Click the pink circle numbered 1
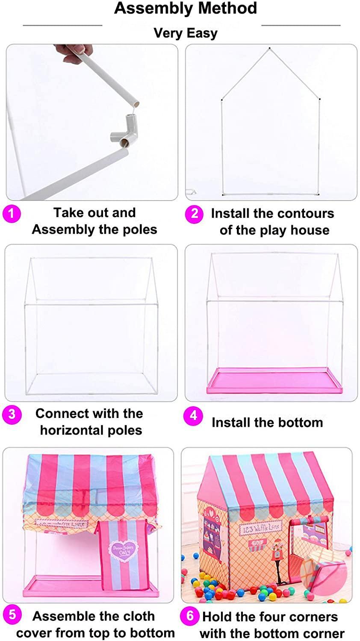[x=12, y=213]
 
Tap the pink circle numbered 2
[x=194, y=214]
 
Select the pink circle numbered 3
[x=12, y=414]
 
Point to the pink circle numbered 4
[x=193, y=416]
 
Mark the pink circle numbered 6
[x=190, y=616]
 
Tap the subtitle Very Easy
[x=186, y=33]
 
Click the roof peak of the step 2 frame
[x=269, y=48]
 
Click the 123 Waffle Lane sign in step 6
[x=262, y=527]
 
